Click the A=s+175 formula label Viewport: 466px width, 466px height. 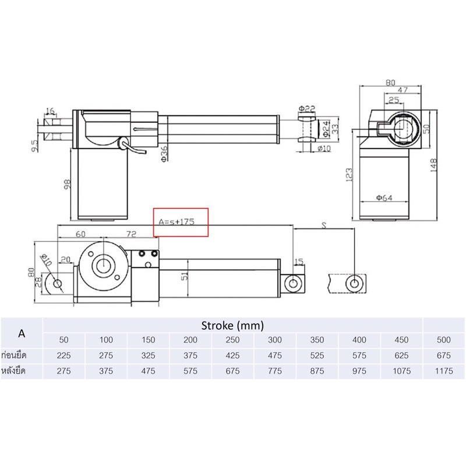click(176, 222)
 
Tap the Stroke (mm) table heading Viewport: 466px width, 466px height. click(232, 326)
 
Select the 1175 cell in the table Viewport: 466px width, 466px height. click(444, 371)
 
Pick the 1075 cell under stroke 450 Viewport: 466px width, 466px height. click(401, 371)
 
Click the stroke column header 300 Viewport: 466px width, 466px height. click(275, 340)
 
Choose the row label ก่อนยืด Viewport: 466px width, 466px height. click(14, 355)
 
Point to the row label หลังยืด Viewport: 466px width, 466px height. click(13, 371)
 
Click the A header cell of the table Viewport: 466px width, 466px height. click(22, 333)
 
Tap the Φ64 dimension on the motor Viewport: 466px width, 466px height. click(384, 197)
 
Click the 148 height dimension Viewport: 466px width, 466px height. click(433, 165)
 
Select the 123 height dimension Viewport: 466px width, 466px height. click(349, 175)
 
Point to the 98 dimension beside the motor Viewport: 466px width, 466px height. click(68, 184)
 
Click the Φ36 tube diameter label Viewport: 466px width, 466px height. click(164, 154)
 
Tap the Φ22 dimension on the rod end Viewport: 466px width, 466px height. click(307, 109)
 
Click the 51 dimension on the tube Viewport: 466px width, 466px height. click(185, 276)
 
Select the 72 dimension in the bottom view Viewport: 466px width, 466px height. click(131, 234)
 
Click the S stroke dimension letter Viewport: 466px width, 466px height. click(324, 225)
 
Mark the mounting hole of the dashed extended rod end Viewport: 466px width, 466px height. click(354, 283)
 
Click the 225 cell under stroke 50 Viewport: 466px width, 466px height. click(63, 355)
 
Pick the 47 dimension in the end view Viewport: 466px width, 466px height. click(403, 90)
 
